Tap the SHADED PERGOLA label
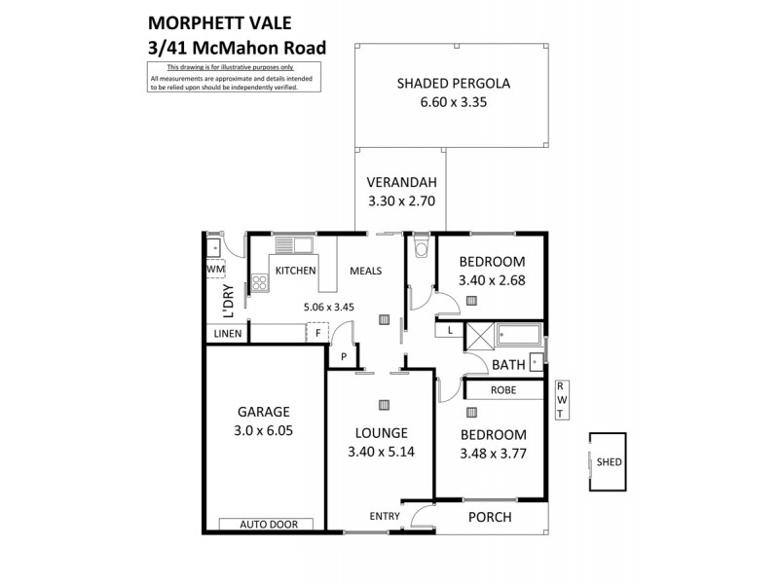click(453, 83)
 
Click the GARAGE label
click(265, 412)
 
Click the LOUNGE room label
click(381, 433)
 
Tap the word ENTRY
click(385, 517)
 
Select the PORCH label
click(490, 517)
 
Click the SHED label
click(610, 463)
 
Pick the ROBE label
click(503, 390)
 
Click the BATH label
click(508, 365)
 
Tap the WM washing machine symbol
click(216, 269)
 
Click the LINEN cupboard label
click(225, 334)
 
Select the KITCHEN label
click(296, 272)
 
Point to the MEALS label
click(365, 272)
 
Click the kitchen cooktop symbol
click(260, 283)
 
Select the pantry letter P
click(343, 357)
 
